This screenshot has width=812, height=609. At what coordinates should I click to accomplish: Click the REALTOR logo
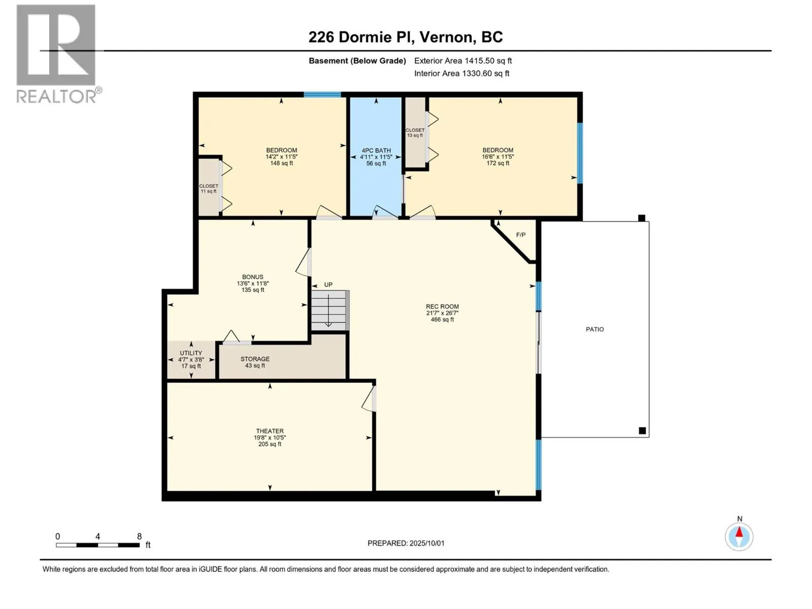58,54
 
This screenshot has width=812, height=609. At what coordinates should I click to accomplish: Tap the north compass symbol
739,536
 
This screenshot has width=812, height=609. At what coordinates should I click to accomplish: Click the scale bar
97,545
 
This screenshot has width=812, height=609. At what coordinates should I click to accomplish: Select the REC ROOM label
442,306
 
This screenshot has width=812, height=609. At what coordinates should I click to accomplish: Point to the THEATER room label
269,431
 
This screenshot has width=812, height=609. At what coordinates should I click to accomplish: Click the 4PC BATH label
376,151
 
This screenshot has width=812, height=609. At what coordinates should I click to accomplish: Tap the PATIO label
594,329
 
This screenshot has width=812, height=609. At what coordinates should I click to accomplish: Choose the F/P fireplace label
521,235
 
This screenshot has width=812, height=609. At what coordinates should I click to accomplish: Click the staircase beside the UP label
329,310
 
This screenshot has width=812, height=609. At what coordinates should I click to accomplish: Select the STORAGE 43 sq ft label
255,362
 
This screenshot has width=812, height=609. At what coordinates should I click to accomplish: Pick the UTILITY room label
191,353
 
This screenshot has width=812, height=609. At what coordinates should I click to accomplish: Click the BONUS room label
253,277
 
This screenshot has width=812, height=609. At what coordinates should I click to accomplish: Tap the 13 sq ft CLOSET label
415,133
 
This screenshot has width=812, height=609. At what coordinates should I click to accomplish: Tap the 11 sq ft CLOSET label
209,189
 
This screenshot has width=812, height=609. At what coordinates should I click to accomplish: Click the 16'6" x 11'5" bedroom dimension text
497,156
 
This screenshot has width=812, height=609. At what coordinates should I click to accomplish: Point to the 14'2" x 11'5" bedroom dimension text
282,156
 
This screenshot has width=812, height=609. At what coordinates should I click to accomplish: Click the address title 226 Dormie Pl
358,37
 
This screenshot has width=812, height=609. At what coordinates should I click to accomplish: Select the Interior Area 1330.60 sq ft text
461,73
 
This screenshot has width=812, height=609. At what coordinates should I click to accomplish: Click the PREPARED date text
406,543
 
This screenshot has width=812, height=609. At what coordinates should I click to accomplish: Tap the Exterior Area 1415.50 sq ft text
463,60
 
